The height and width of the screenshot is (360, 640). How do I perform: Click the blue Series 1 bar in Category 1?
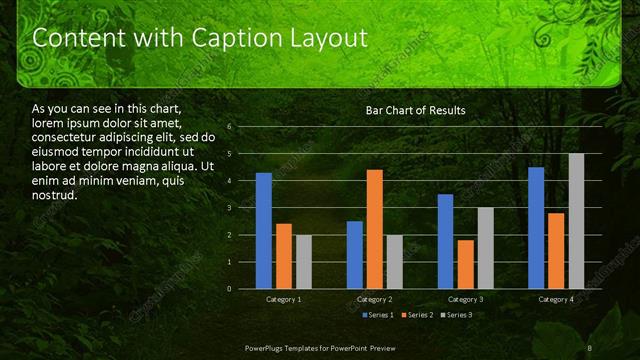tap(263, 231)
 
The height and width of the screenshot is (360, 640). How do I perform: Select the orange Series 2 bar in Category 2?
tap(374, 229)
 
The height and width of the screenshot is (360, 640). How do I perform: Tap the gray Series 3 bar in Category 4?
tap(576, 221)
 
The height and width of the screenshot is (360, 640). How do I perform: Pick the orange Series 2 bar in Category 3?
tap(465, 264)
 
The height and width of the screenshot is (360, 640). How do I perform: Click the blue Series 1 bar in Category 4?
tap(536, 228)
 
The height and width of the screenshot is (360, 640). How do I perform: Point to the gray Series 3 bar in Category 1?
tap(303, 262)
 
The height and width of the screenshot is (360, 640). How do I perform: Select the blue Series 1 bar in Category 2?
tap(354, 255)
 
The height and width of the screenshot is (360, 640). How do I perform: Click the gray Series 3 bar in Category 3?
tap(485, 248)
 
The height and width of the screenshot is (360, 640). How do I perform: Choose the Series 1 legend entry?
tap(377, 315)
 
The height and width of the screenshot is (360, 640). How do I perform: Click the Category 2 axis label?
tap(374, 299)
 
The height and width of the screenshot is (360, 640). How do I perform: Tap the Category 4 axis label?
tap(556, 299)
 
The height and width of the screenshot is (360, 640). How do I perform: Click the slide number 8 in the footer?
tap(590, 347)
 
